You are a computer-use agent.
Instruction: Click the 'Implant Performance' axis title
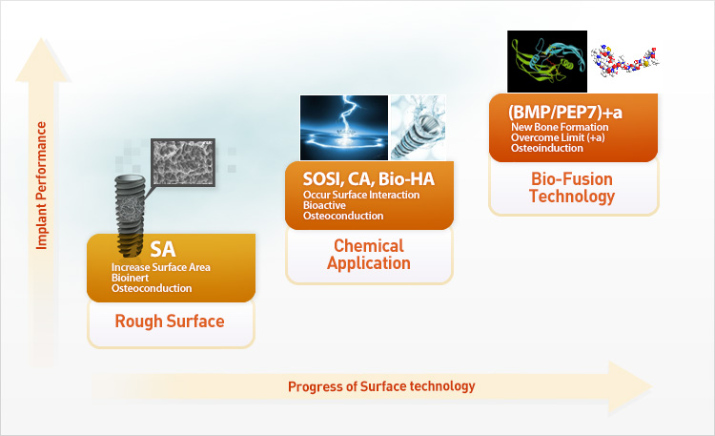(x=42, y=185)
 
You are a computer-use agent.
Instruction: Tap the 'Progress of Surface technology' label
(x=381, y=386)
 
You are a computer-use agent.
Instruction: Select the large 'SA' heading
(x=163, y=249)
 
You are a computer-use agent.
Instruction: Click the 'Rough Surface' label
(x=170, y=322)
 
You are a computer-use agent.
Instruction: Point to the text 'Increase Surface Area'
(x=161, y=267)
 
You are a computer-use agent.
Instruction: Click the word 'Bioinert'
(x=130, y=278)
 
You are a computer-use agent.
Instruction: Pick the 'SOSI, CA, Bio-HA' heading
(x=368, y=179)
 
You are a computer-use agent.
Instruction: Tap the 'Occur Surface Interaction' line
(x=361, y=195)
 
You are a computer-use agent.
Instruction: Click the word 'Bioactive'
(x=324, y=205)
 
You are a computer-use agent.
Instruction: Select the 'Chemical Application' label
(x=369, y=255)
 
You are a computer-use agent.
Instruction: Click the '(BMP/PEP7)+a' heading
(x=565, y=113)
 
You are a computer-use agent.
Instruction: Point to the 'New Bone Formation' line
(x=560, y=127)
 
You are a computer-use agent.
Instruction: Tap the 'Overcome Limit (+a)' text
(x=558, y=137)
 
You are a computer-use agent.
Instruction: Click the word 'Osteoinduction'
(x=547, y=148)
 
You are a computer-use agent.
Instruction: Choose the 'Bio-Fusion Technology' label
(x=572, y=188)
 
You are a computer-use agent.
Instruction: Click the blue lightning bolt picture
(x=344, y=128)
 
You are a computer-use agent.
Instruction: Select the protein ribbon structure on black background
(x=547, y=62)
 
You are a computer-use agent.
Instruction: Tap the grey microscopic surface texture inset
(x=183, y=163)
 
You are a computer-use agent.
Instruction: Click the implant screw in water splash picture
(x=419, y=128)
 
